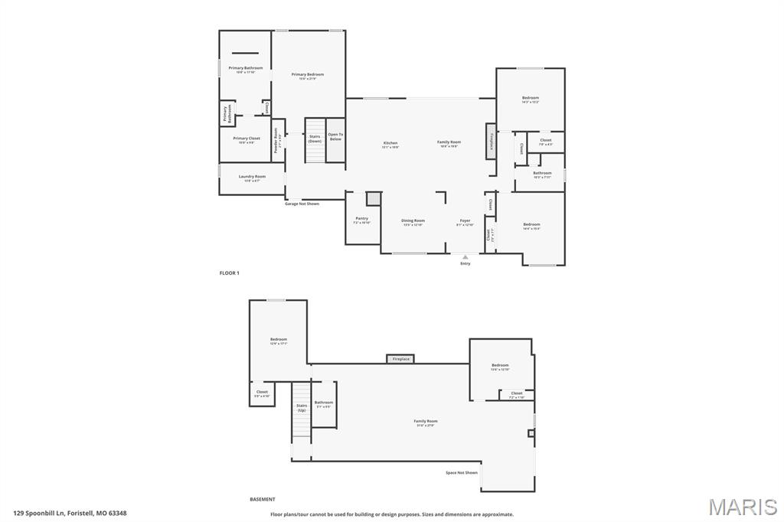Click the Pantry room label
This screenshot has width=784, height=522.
tap(361, 220)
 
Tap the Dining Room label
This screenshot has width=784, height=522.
tap(413, 222)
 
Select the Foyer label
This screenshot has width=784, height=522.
tap(465, 222)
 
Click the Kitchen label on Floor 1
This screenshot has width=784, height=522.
tap(390, 144)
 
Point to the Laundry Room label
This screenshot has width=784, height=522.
tap(252, 178)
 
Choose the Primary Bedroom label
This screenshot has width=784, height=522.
tap(307, 76)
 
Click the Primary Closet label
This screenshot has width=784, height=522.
tap(247, 140)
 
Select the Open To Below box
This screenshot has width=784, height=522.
tap(335, 139)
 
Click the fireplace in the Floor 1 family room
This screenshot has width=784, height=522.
tap(491, 142)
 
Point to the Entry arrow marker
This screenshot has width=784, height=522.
tap(465, 258)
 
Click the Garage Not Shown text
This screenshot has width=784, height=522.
tap(302, 204)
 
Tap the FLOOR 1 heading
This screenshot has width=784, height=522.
tap(230, 273)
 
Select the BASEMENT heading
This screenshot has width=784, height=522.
tap(262, 499)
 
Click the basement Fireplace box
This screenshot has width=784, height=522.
tap(400, 359)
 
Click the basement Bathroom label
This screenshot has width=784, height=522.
tap(324, 403)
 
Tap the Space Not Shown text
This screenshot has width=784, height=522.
tap(462, 472)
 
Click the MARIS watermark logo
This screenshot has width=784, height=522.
tap(743, 507)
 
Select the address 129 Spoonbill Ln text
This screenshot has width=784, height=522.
tap(70, 514)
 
